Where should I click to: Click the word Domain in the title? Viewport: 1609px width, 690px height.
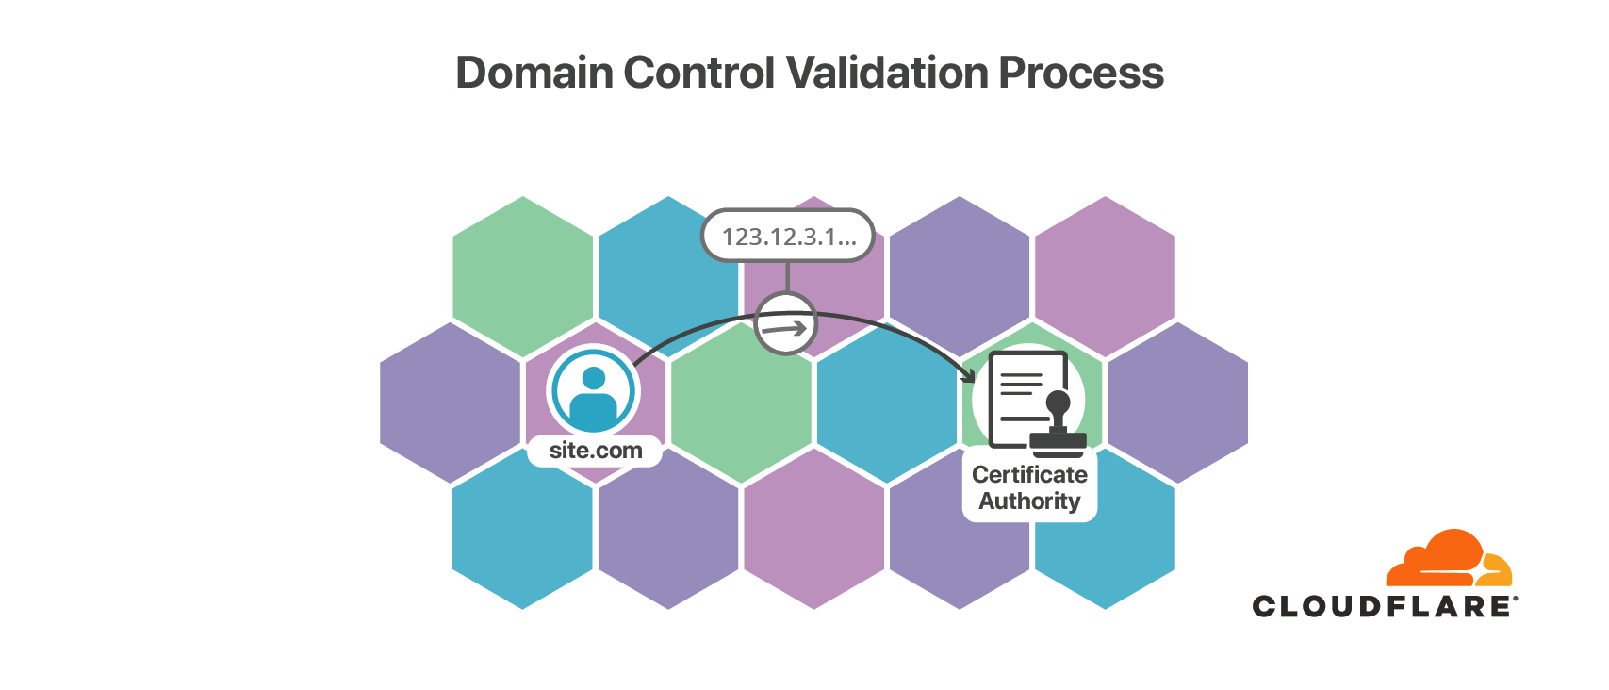pos(534,73)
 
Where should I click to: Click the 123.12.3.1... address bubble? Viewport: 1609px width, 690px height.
pos(788,236)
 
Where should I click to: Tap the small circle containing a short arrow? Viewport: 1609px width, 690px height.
pos(785,324)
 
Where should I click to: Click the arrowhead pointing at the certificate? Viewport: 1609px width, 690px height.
pos(968,375)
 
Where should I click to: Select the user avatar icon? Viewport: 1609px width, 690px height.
pos(594,392)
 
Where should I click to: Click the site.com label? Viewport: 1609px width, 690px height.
pos(596,451)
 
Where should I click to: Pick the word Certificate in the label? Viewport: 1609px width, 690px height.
pos(1029,474)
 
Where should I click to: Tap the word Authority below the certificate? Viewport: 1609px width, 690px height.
pos(1029,501)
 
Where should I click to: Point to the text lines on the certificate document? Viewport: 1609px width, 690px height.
pos(1020,386)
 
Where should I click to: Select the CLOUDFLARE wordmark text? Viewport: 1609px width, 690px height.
pos(1382,606)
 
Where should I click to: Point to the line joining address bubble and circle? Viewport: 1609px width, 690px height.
pos(787,276)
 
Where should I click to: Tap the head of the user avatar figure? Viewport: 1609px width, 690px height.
pos(594,378)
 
